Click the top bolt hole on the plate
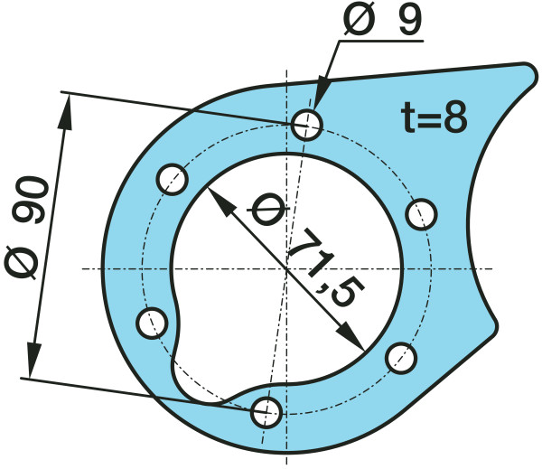coord(307,125)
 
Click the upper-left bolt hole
coord(173,180)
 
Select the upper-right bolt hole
coord(421,214)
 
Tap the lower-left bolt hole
coord(152,323)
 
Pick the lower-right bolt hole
coord(400,358)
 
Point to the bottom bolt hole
coord(266,413)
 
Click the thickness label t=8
coord(435,117)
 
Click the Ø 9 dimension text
coord(383,18)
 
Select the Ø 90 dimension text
coord(26,228)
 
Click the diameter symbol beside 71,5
coord(267,210)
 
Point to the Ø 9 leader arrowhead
coord(321,95)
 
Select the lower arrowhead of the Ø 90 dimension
coord(33,360)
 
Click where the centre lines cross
coord(286,268)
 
